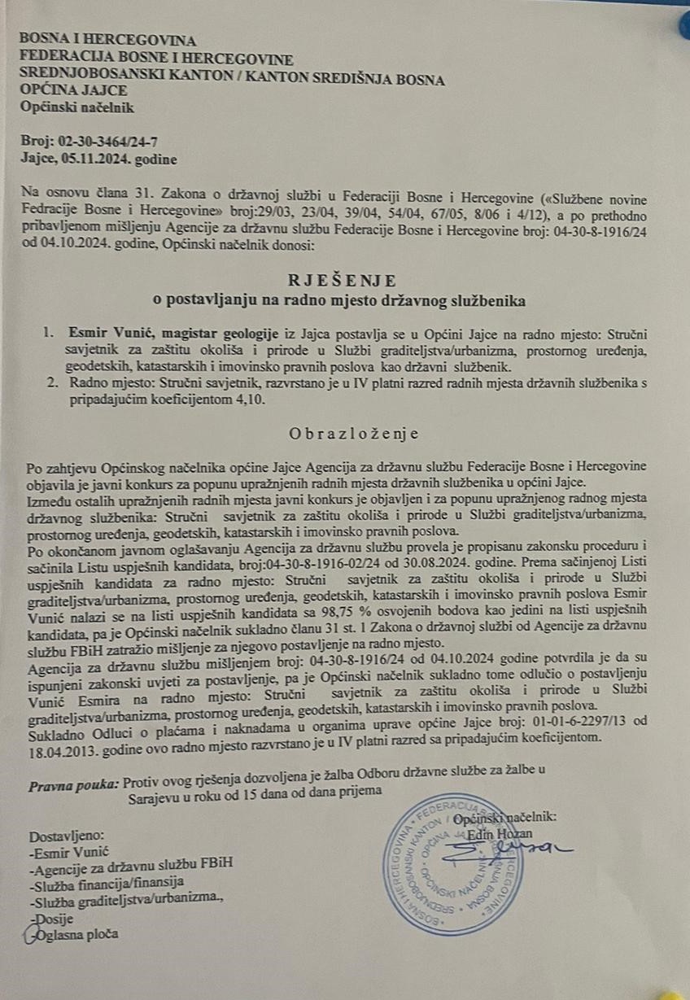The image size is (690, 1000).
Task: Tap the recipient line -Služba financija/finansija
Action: coord(105,883)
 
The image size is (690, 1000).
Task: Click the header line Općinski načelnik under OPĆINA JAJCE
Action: coord(76,107)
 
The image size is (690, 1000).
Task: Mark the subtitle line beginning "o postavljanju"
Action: coord(340,301)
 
